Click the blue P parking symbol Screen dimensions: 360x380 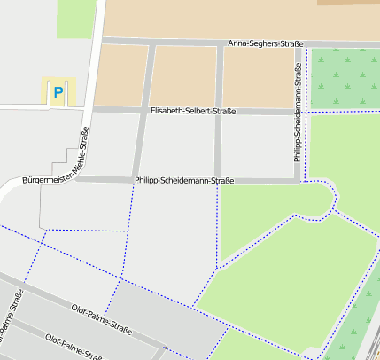58,91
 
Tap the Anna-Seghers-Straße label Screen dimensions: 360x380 266,43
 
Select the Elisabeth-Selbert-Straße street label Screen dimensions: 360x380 193,112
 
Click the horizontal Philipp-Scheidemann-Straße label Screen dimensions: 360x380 184,181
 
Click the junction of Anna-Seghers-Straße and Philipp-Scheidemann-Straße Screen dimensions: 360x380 299,43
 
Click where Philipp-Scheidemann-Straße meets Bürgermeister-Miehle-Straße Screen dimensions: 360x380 80,178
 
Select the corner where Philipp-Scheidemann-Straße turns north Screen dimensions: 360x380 299,181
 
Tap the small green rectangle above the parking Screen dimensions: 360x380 75,18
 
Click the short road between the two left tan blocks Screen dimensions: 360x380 151,76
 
